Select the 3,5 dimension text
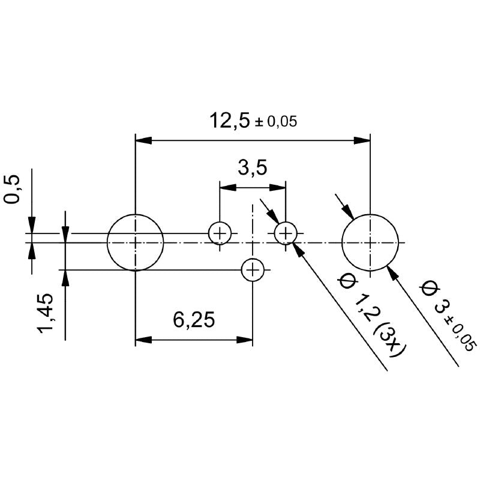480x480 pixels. click(x=252, y=168)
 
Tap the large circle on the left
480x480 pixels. click(x=136, y=242)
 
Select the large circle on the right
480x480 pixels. click(x=370, y=242)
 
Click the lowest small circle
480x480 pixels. click(x=253, y=270)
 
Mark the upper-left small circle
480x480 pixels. click(x=220, y=233)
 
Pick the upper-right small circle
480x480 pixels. click(x=286, y=233)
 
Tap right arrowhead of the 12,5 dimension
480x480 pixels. click(x=362, y=140)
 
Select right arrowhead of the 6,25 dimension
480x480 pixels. click(x=245, y=340)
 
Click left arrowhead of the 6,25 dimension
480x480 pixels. click(x=143, y=340)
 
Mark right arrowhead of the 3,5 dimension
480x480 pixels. click(x=278, y=188)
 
